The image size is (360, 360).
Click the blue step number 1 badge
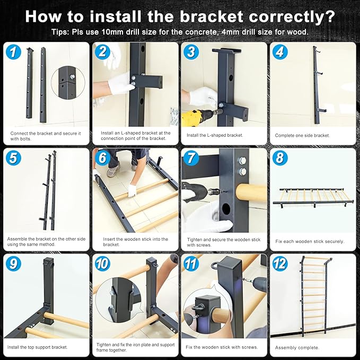(13, 52)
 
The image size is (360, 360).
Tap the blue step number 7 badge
(191, 157)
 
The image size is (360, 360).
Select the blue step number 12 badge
(280, 264)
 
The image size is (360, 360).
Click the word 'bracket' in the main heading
(212, 16)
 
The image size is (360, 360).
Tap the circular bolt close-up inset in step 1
(68, 82)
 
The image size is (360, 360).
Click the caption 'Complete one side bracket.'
(302, 135)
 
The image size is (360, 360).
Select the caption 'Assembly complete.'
(297, 348)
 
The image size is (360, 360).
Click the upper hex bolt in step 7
(242, 160)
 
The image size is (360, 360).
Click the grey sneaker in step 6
(113, 171)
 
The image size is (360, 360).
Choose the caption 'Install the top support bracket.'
(38, 347)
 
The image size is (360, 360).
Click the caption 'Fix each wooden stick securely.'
(310, 241)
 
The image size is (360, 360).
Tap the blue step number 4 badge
(280, 52)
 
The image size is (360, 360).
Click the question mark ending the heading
(329, 16)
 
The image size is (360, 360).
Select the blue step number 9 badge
(13, 264)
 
